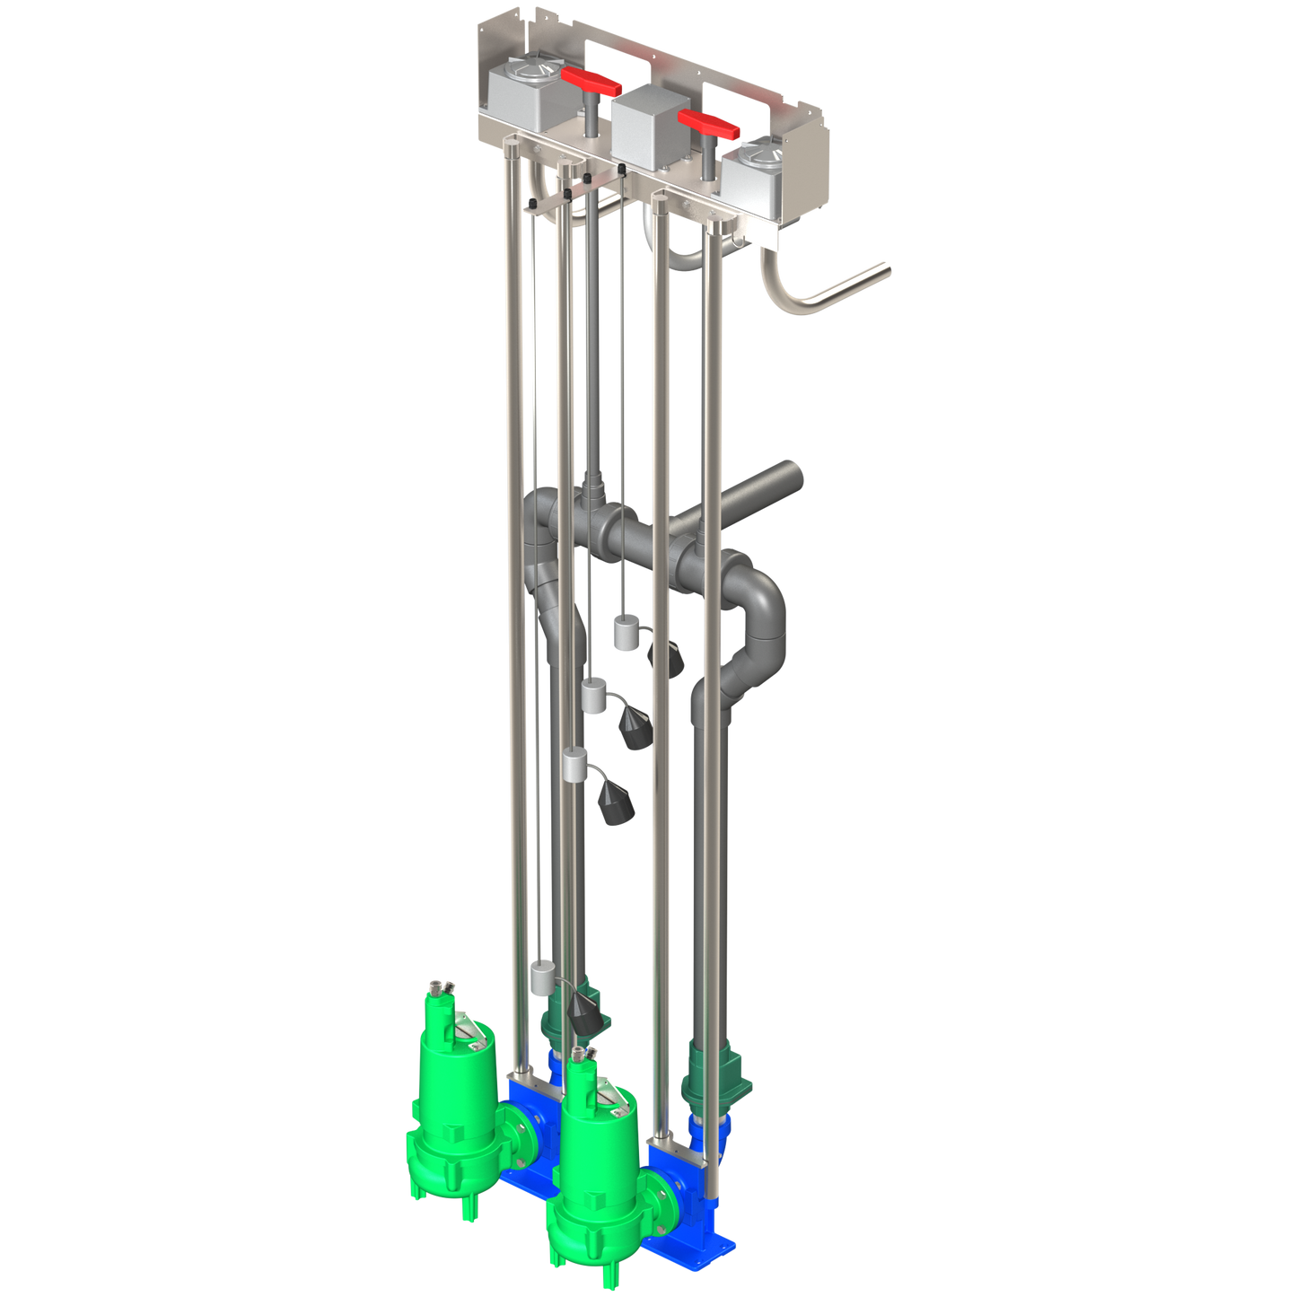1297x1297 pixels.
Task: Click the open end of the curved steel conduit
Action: tap(886, 267)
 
